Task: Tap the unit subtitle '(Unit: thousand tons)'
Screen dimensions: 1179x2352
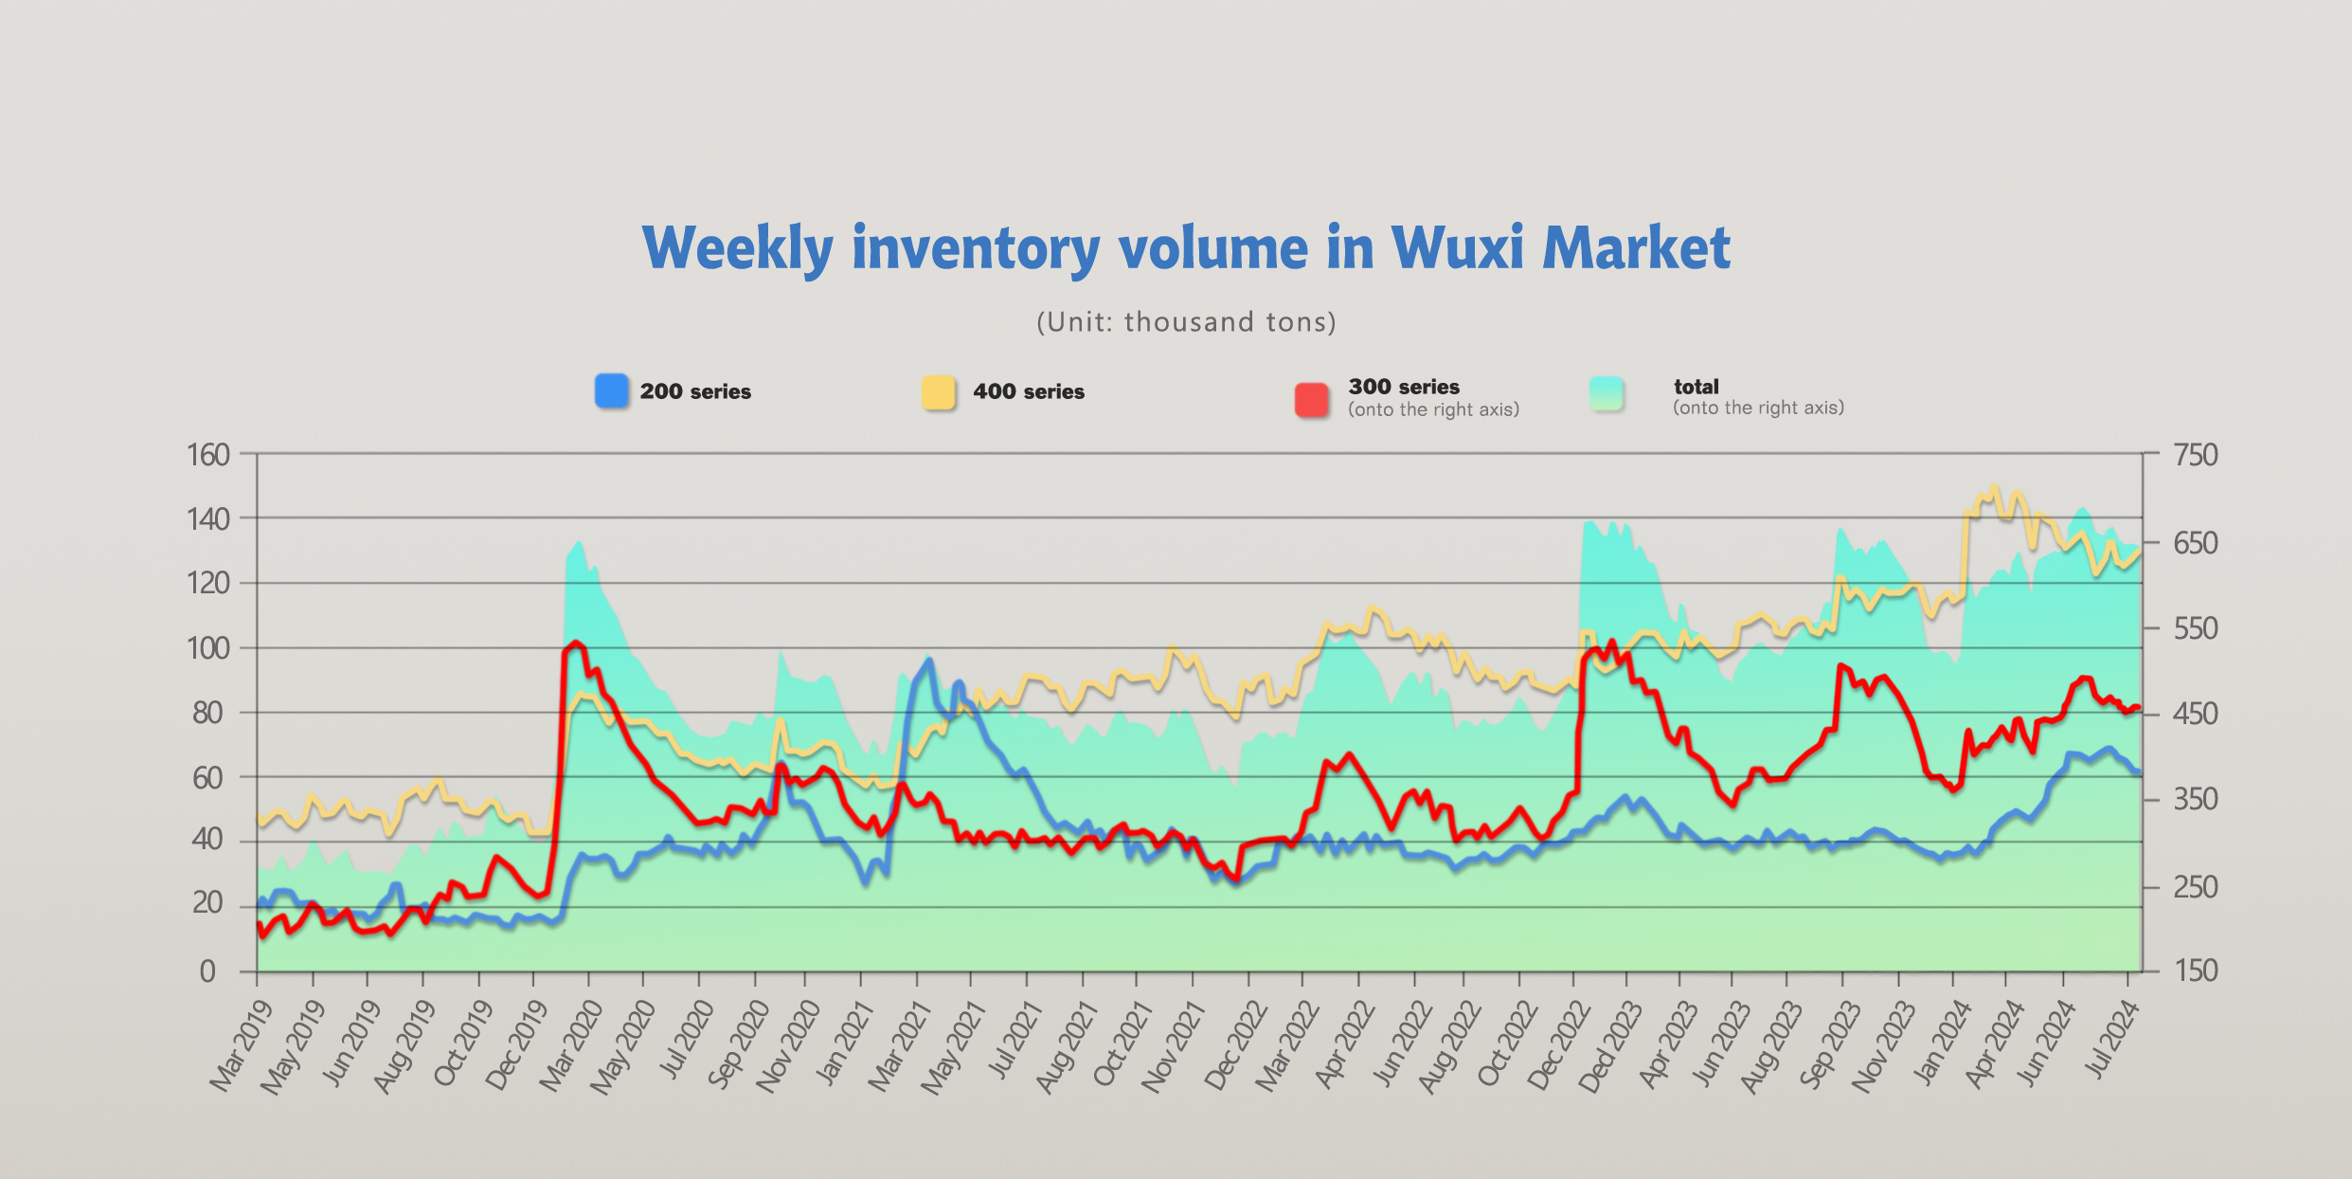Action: [1186, 322]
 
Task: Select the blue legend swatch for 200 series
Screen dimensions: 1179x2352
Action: [612, 390]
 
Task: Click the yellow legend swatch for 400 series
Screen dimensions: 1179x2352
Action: [939, 391]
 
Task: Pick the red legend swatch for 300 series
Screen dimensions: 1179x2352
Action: [1312, 399]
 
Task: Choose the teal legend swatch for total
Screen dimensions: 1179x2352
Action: [1607, 393]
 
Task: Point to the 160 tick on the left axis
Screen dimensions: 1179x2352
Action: [208, 455]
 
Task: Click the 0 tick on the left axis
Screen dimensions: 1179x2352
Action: [207, 971]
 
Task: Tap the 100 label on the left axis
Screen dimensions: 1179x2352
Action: [208, 648]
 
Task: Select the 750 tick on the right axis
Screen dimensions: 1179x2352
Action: [2196, 455]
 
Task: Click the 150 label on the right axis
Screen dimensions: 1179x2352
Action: [2196, 970]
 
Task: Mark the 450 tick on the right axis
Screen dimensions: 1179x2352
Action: [2196, 714]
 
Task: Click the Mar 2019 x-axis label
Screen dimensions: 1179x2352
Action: [241, 1047]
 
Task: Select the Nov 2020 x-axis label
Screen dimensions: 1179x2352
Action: [788, 1047]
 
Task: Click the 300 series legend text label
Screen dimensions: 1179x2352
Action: [1404, 387]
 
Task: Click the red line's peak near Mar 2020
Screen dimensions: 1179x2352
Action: [575, 643]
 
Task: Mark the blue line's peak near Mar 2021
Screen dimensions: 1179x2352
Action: [929, 661]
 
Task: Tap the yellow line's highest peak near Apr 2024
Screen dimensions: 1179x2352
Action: [1994, 486]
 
